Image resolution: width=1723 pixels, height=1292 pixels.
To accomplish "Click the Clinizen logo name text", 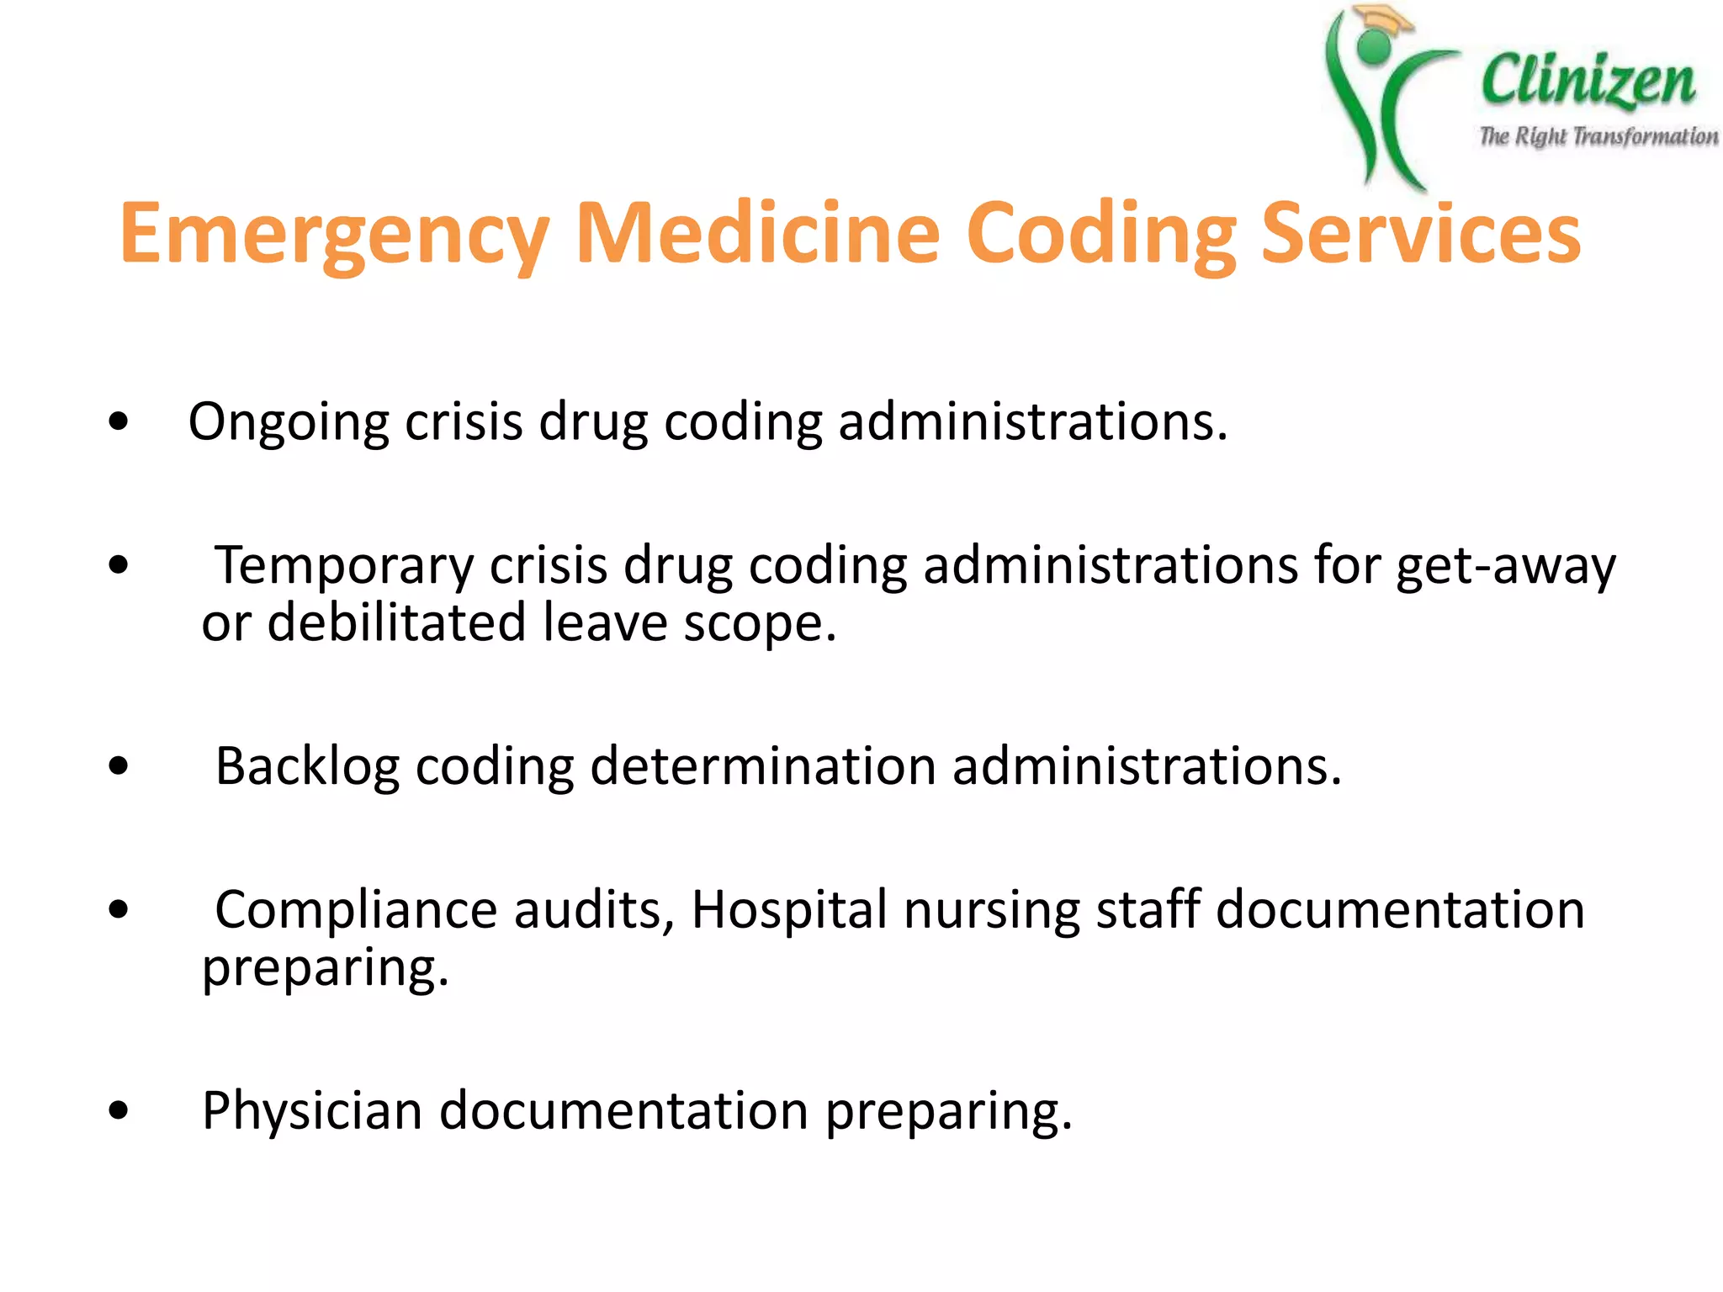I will [x=1588, y=82].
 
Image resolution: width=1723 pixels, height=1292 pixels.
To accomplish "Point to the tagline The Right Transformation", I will [x=1598, y=136].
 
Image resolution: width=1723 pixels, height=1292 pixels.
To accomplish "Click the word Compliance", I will [x=357, y=911].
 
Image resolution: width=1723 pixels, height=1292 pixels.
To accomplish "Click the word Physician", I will [x=312, y=1111].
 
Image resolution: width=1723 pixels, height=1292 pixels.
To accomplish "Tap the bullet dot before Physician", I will [x=119, y=1111].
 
